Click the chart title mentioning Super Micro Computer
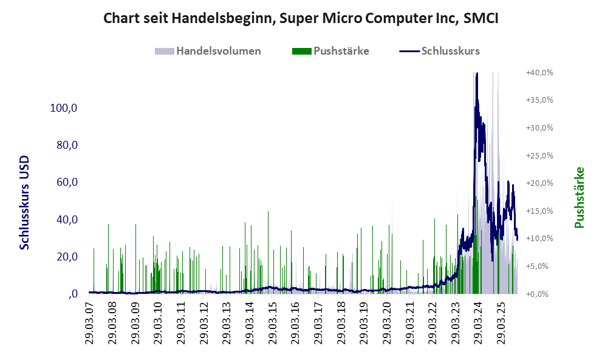tap(301, 18)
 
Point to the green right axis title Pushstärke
tap(578, 198)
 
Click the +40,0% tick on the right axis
tap(539, 72)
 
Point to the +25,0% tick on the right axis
tap(539, 155)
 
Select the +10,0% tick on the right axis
tap(539, 239)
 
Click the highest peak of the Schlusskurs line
tap(477, 73)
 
